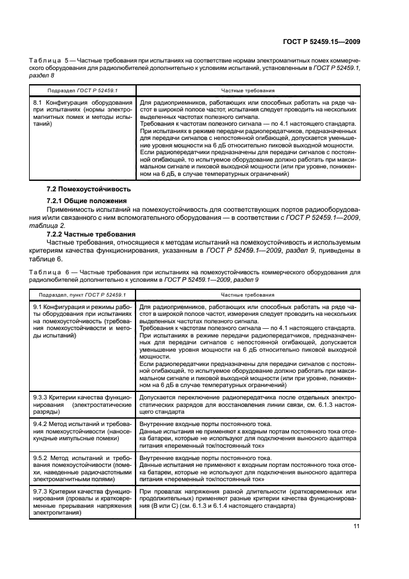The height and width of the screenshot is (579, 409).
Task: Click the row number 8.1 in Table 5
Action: [37, 102]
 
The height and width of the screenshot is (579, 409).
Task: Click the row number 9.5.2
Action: [40, 459]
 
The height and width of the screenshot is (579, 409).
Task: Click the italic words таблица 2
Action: [46, 227]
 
